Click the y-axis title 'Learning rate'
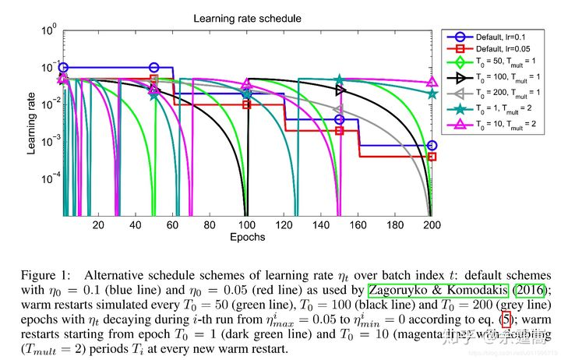[x=32, y=123]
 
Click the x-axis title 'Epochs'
[x=247, y=236]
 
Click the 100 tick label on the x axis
[x=246, y=224]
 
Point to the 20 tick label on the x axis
[x=98, y=224]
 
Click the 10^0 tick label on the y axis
[x=49, y=31]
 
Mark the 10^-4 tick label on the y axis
[x=48, y=178]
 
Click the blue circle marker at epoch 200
[x=432, y=146]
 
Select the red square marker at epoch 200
[x=432, y=157]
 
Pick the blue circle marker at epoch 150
[x=339, y=119]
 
